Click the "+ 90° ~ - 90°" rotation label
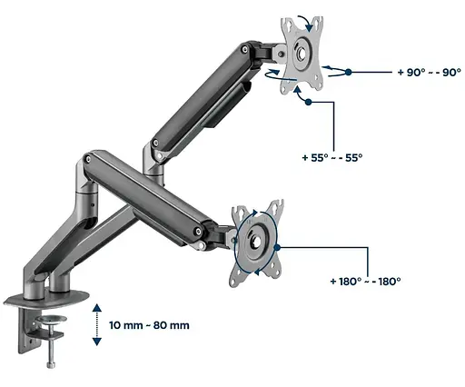(429, 73)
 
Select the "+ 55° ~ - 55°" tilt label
(332, 158)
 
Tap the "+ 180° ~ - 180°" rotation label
(365, 282)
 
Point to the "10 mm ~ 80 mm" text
(149, 325)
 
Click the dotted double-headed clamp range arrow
(97, 325)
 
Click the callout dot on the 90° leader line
(349, 72)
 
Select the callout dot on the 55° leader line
(308, 102)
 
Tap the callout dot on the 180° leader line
(277, 248)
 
